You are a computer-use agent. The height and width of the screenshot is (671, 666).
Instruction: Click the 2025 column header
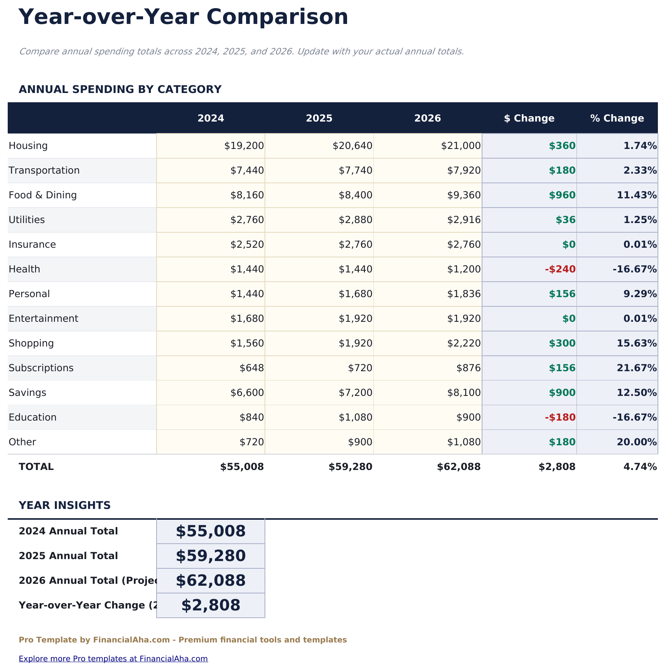click(319, 118)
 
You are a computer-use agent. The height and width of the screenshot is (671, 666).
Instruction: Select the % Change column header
click(617, 118)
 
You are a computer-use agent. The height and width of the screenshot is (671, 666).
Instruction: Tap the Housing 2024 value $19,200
click(244, 146)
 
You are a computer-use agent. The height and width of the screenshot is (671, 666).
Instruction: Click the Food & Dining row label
click(43, 195)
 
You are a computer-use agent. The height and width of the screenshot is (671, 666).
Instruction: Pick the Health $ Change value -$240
click(560, 269)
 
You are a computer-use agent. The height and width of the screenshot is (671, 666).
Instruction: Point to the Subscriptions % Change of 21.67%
click(637, 368)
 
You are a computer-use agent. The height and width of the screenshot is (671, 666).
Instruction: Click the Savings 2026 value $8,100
click(464, 393)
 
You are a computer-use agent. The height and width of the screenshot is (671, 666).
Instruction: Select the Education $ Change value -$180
click(560, 417)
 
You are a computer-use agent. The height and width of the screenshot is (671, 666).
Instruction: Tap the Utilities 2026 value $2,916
click(464, 220)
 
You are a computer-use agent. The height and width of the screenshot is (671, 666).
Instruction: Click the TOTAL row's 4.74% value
click(640, 467)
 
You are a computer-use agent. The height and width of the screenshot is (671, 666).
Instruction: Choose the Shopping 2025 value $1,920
click(356, 343)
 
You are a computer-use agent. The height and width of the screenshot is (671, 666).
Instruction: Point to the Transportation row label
click(44, 171)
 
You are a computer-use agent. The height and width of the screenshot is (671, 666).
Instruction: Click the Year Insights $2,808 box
click(211, 605)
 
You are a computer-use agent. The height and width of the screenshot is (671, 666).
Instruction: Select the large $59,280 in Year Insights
click(211, 556)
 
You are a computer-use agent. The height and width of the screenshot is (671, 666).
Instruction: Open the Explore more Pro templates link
click(113, 659)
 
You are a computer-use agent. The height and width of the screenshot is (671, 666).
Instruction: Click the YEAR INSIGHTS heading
click(65, 505)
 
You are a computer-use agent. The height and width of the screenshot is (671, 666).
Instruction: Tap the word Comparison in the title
click(277, 17)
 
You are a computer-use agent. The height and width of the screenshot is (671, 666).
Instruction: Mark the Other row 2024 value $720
click(252, 442)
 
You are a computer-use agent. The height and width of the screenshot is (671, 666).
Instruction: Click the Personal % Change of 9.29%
click(640, 294)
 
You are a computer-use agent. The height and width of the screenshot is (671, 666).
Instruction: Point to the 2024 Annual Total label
click(68, 531)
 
